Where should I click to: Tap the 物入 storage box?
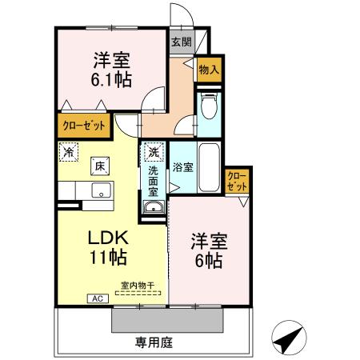coord(208,70)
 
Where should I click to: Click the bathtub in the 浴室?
coord(210,168)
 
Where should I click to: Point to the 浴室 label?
coord(182,167)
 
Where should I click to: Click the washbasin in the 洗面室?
coord(152,209)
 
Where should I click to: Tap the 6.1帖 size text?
coord(110,79)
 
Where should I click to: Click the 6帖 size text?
coord(206,261)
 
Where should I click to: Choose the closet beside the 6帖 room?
coord(237,180)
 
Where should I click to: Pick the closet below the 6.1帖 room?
coord(84,126)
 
